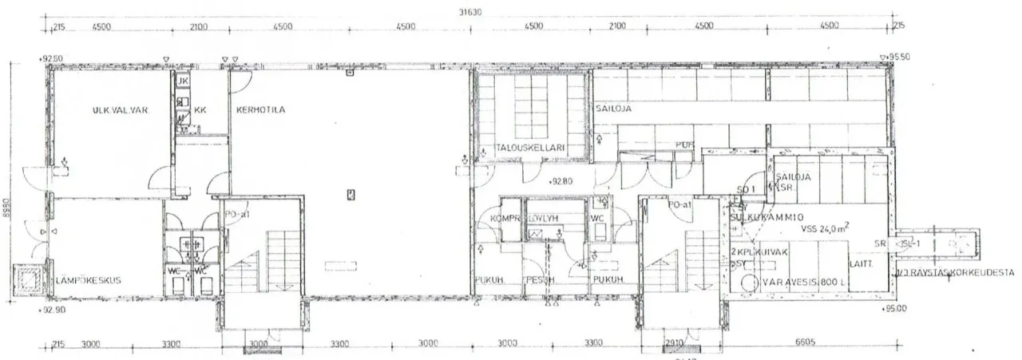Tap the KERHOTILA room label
tap(260, 109)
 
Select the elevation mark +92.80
tap(562, 181)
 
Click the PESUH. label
tap(539, 280)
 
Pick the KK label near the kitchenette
tap(200, 110)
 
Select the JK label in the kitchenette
tap(182, 81)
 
